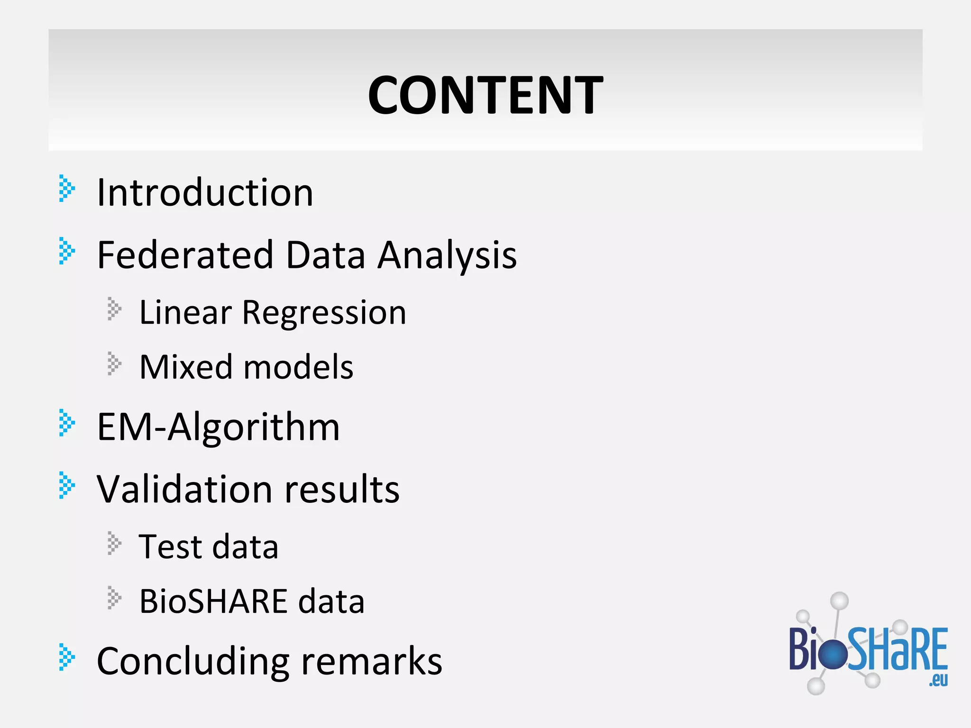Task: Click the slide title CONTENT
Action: click(485, 95)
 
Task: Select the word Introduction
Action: click(205, 192)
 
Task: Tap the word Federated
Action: click(185, 255)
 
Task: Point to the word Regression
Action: click(324, 313)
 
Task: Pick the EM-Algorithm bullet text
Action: click(218, 427)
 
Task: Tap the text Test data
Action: click(209, 546)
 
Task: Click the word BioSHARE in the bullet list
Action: click(213, 601)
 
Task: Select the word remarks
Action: click(372, 662)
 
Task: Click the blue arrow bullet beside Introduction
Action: click(67, 189)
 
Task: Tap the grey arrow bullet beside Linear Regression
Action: click(114, 309)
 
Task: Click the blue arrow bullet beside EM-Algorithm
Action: click(67, 423)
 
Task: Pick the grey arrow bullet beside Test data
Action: click(114, 543)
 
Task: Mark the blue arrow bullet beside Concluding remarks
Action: click(67, 657)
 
